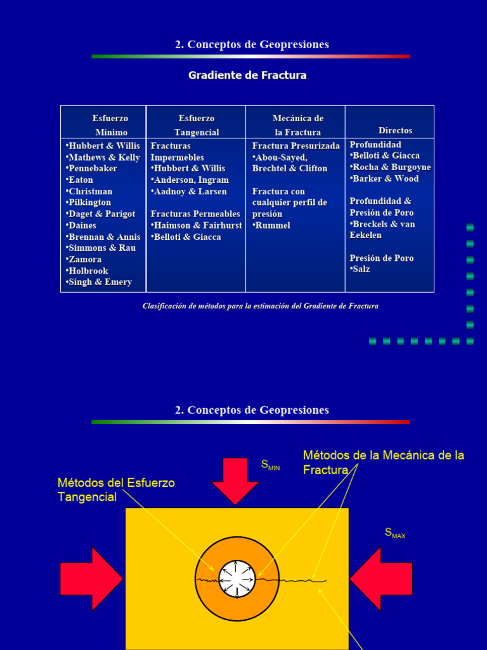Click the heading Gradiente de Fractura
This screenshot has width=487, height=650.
point(247,76)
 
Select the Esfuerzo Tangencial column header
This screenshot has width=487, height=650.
point(197,125)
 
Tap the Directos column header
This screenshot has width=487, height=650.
point(395,130)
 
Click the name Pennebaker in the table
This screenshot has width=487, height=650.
point(93,169)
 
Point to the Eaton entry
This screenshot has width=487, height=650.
point(81,180)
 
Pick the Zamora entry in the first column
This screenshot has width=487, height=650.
point(84,260)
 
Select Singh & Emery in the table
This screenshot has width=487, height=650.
point(100,282)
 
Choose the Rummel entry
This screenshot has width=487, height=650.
point(273,226)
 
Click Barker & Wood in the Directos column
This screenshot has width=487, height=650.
point(386,179)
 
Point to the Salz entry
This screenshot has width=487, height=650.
point(361,270)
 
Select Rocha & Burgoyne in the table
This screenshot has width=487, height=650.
point(391,168)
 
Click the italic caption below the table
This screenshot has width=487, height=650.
point(260,306)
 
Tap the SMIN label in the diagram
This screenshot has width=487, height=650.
point(270,466)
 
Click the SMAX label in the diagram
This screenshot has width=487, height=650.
point(394,533)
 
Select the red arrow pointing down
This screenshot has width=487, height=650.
point(235,481)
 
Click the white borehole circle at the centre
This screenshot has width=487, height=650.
point(237,579)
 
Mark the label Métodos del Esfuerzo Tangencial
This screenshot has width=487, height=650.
point(116,490)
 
